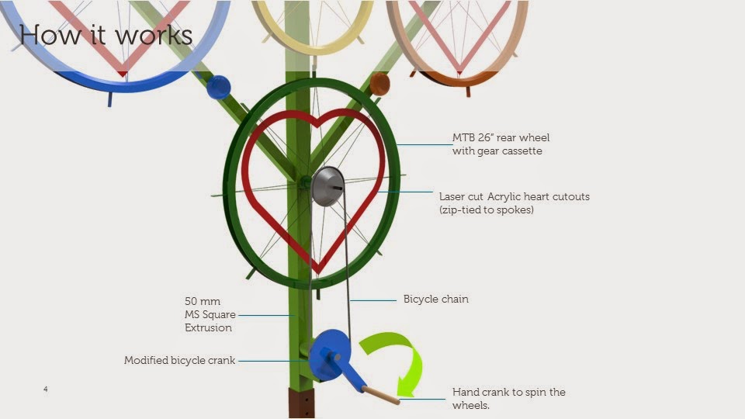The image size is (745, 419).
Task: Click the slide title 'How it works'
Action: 106,34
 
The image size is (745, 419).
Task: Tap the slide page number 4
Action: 46,388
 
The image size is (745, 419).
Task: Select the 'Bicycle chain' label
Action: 435,299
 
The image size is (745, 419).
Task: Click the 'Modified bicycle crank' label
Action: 179,361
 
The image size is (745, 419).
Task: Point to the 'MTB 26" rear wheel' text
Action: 501,138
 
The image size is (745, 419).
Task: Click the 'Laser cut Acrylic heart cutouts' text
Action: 514,196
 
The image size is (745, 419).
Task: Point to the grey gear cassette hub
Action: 327,186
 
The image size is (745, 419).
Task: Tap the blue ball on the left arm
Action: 218,86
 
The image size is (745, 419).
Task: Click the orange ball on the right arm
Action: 379,84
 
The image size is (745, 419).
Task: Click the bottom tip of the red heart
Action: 317,272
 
